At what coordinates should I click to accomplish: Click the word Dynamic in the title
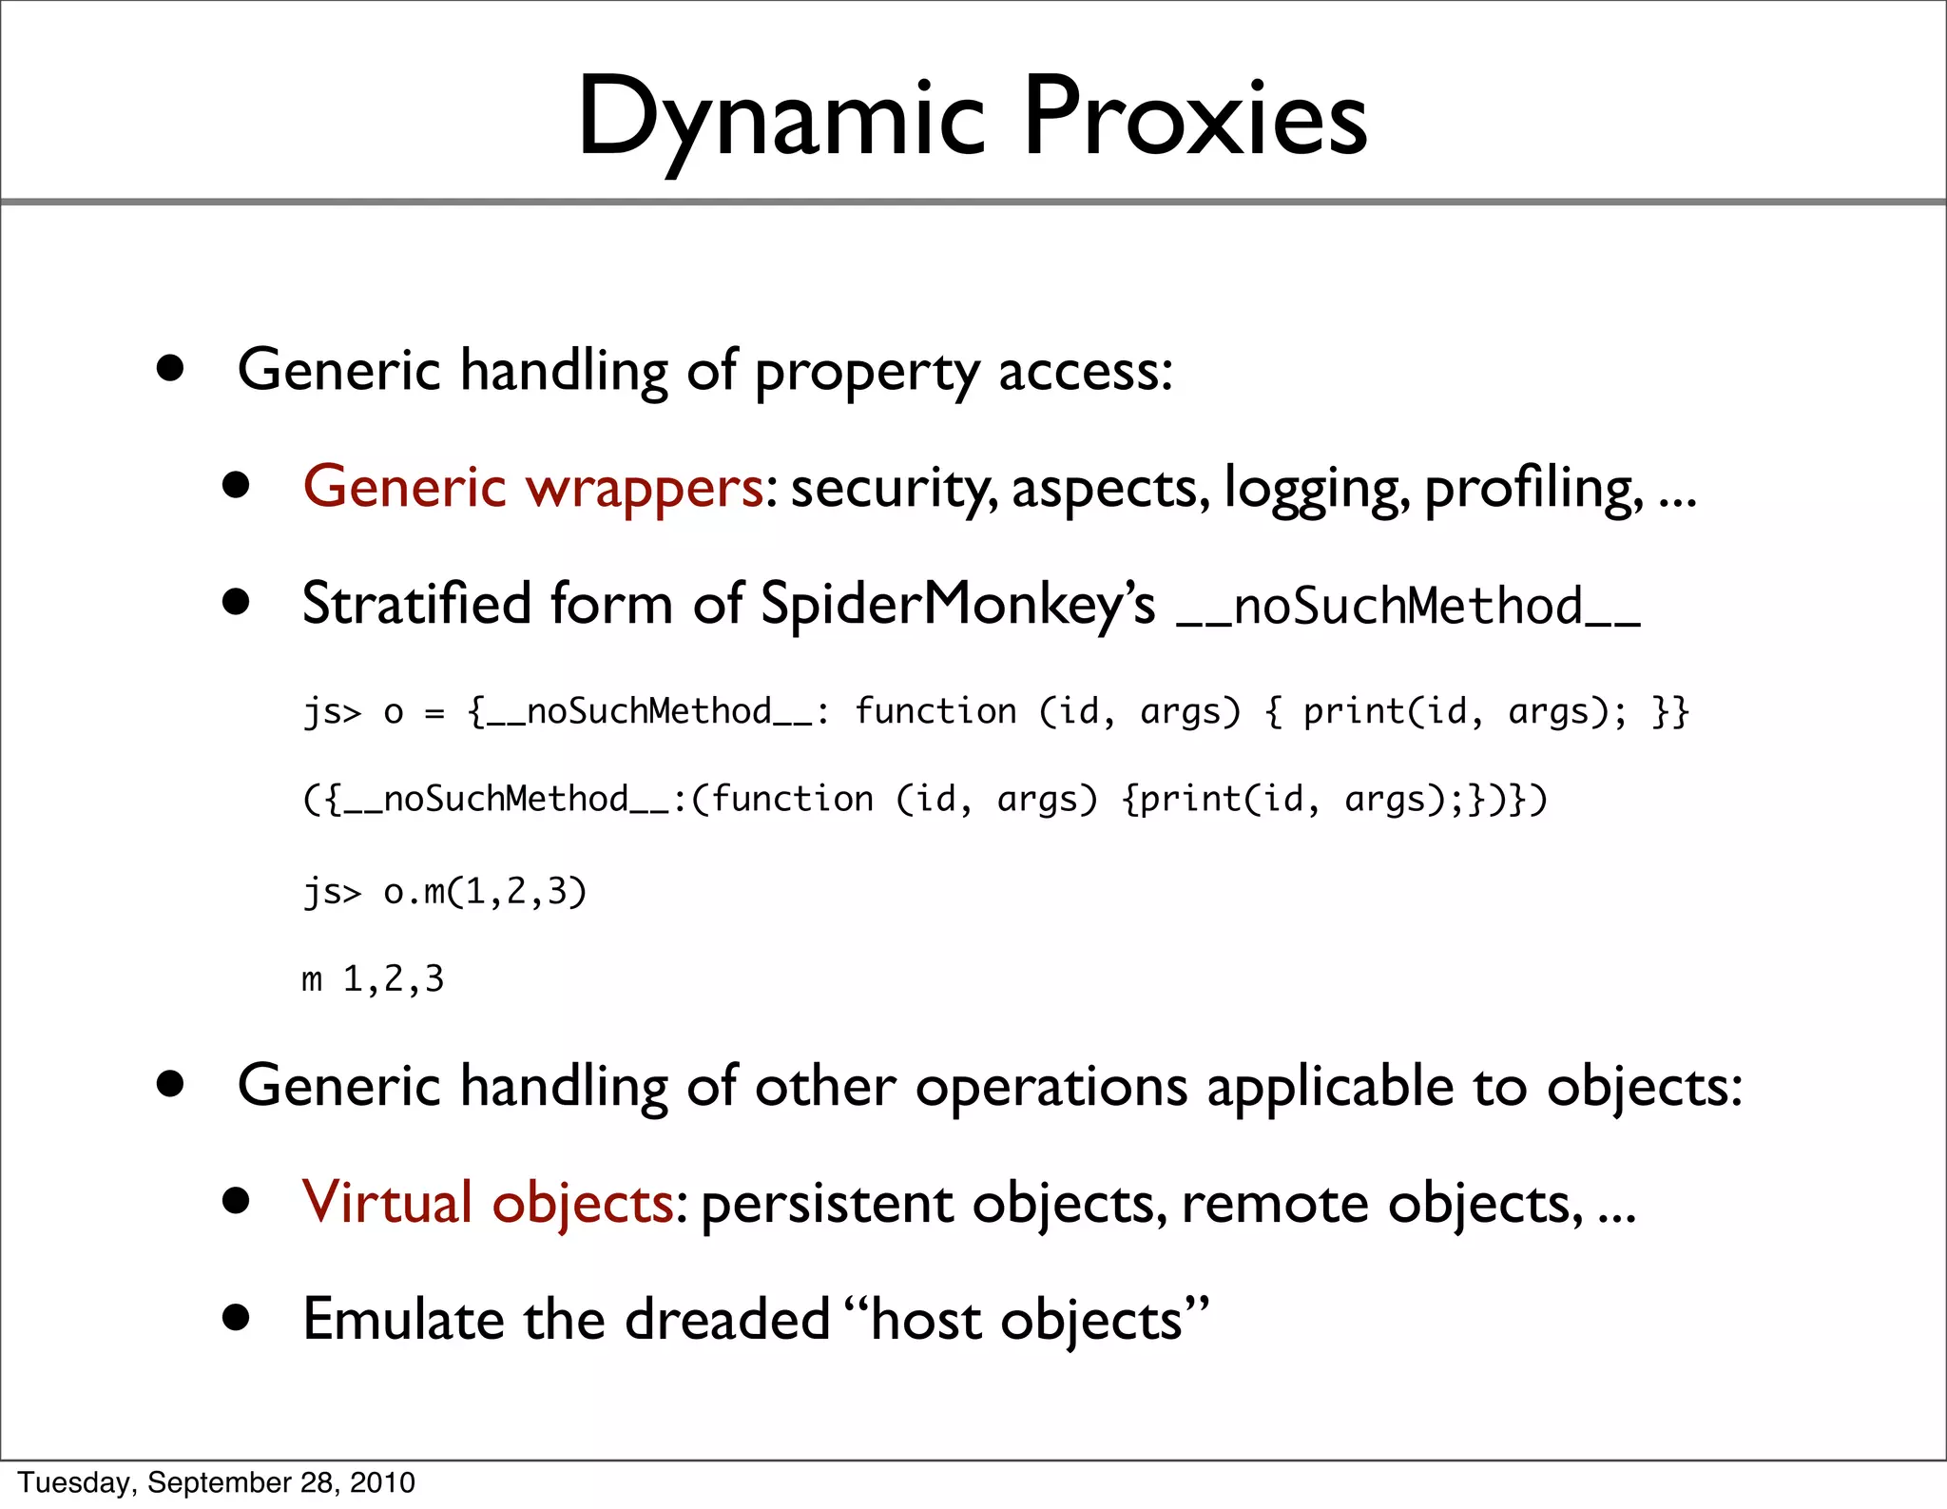tap(781, 119)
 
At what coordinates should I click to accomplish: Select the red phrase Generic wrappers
tap(532, 488)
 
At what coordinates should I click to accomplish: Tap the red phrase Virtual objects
tap(489, 1203)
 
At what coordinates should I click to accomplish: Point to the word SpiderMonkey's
tap(958, 605)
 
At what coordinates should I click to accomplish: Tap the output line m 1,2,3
tap(373, 979)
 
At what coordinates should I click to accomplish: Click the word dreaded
tap(727, 1320)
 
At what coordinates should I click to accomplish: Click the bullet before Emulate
tap(236, 1318)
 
